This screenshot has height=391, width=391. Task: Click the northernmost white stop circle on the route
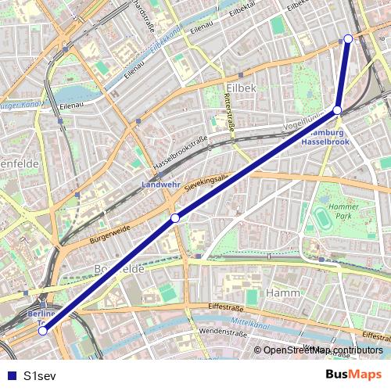(x=348, y=38)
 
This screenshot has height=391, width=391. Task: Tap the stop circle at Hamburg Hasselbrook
(x=337, y=110)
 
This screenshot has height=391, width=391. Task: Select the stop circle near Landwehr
(x=176, y=217)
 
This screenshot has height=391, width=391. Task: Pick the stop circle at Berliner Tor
(x=43, y=331)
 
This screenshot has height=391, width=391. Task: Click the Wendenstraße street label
(x=223, y=332)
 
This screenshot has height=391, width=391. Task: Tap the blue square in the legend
(x=11, y=375)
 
